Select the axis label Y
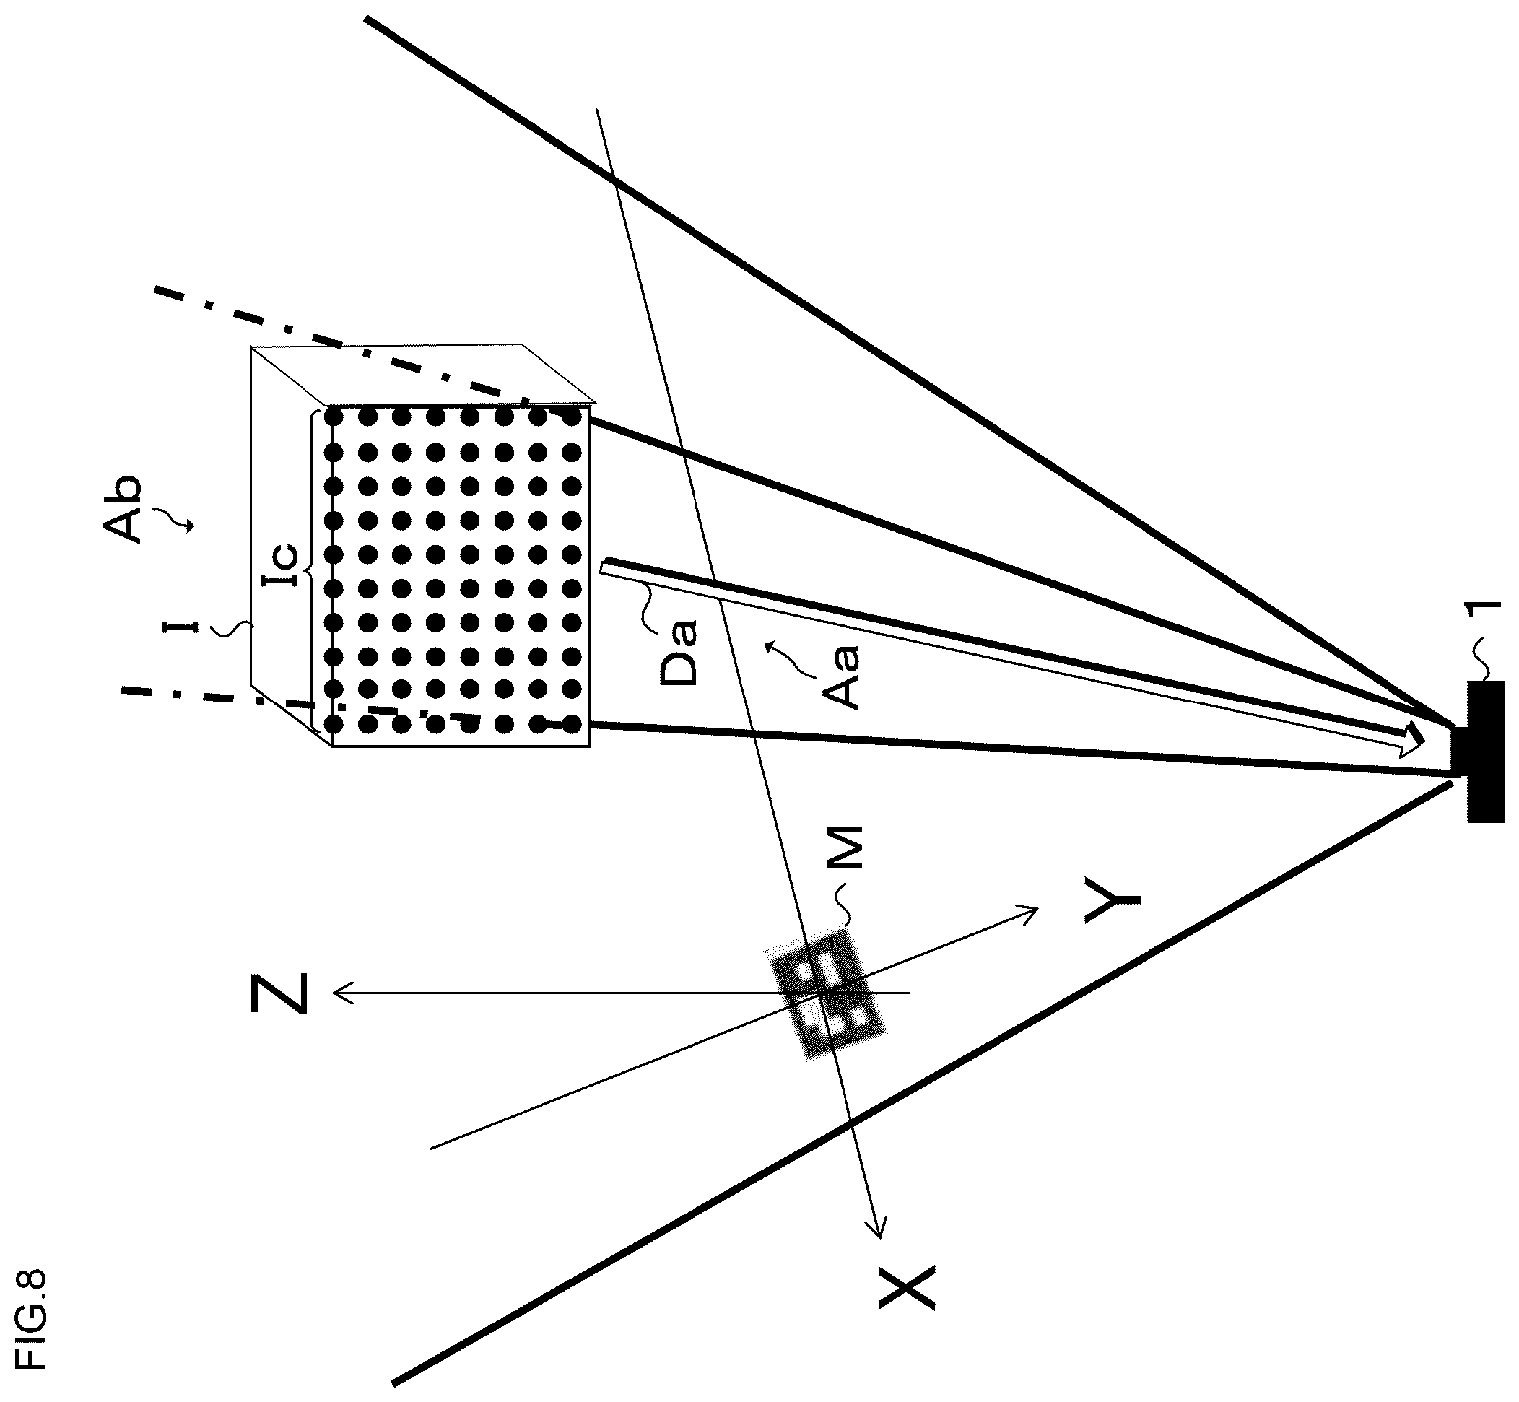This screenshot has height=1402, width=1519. tap(1113, 900)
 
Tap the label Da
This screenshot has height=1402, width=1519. tap(677, 653)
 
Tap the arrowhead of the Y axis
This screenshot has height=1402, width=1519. tap(1027, 913)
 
